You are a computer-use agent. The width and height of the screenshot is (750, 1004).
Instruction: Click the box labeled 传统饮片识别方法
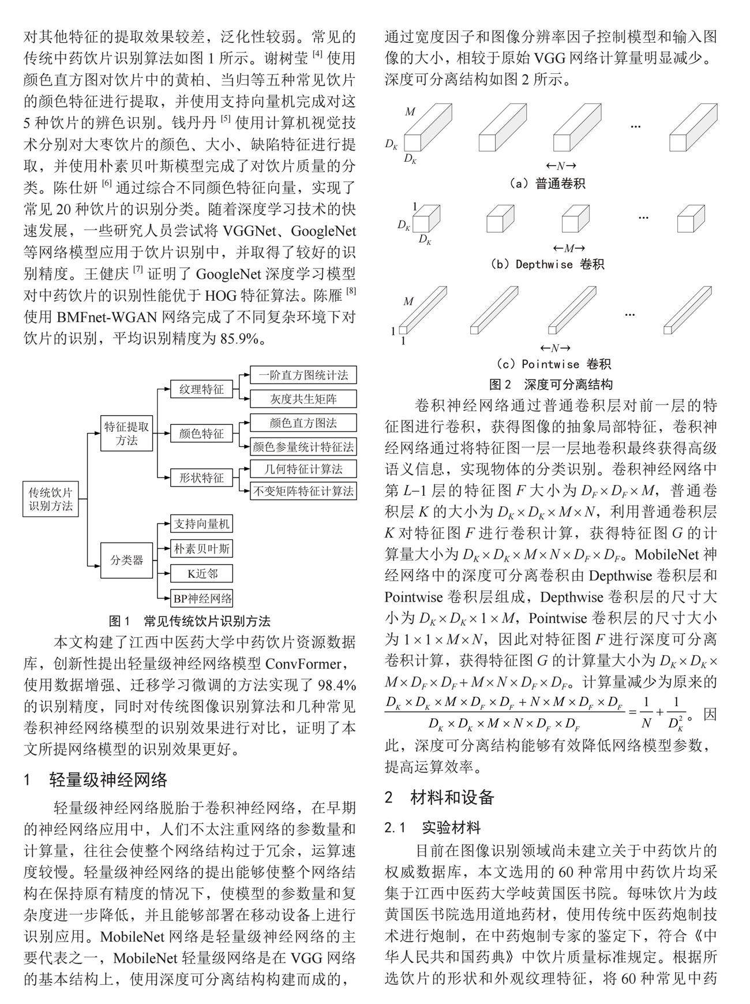click(x=51, y=499)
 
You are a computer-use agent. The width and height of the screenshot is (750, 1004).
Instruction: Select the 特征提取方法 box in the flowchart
click(x=126, y=434)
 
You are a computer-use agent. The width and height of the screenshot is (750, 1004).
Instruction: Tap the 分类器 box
click(x=126, y=560)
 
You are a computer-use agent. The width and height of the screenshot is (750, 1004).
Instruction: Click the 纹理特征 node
click(x=201, y=389)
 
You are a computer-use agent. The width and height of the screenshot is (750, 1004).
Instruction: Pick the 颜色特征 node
click(x=201, y=434)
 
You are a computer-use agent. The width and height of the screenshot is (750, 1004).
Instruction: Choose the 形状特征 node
click(x=201, y=478)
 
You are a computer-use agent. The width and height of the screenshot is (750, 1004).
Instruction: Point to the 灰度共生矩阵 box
click(x=303, y=399)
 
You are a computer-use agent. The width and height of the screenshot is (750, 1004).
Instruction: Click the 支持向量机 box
click(x=202, y=524)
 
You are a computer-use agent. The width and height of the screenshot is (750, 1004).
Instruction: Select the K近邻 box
click(x=202, y=574)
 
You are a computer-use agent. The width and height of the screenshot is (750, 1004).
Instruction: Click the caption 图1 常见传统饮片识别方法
click(x=190, y=621)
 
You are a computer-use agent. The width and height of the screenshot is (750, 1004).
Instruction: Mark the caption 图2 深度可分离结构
click(x=550, y=384)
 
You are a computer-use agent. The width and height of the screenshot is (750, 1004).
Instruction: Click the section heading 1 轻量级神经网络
click(x=95, y=781)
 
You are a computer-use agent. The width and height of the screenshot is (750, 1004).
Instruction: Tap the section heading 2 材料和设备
click(x=440, y=797)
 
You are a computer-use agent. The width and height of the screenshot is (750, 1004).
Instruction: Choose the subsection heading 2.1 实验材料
click(x=433, y=827)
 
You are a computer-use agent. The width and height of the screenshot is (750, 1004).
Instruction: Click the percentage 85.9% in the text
click(x=239, y=338)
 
